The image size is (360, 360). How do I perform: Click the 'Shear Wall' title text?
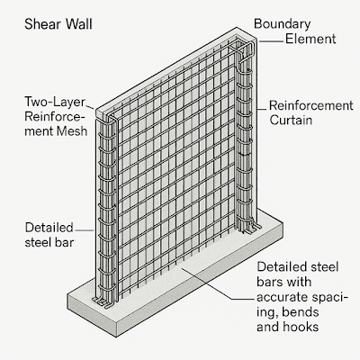tap(58, 24)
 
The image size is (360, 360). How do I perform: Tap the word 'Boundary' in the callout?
tap(283, 24)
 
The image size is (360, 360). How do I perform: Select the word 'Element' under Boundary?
tap(310, 39)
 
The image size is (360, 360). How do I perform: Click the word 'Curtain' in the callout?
tap(291, 120)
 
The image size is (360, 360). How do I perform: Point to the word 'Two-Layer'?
tap(55, 102)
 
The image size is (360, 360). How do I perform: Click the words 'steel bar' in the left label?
tap(49, 242)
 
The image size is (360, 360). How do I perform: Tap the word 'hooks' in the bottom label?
tap(301, 327)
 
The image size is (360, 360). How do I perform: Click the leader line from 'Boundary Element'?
tap(271, 40)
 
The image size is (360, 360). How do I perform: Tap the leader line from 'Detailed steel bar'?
tap(85, 230)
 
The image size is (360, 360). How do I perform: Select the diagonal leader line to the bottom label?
tap(207, 283)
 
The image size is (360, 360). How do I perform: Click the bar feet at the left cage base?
tap(103, 302)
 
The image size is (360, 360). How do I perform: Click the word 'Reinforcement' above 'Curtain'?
tap(311, 105)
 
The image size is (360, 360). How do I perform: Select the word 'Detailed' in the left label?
tap(49, 228)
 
